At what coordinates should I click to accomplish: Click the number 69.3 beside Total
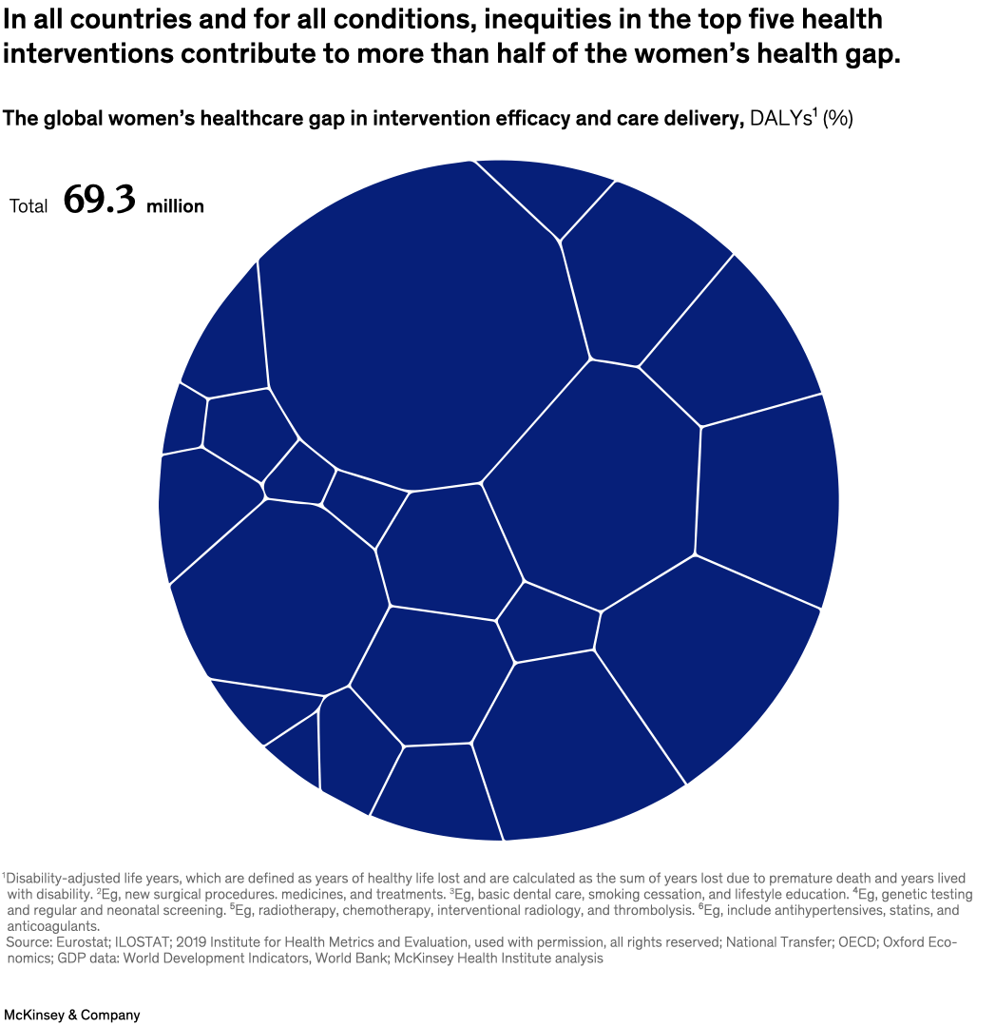100,202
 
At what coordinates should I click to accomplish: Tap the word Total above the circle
29,206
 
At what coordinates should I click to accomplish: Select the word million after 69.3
175,206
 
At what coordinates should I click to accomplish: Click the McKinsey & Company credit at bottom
71,1015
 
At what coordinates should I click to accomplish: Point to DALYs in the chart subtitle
781,119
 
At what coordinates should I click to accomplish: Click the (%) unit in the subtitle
838,119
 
